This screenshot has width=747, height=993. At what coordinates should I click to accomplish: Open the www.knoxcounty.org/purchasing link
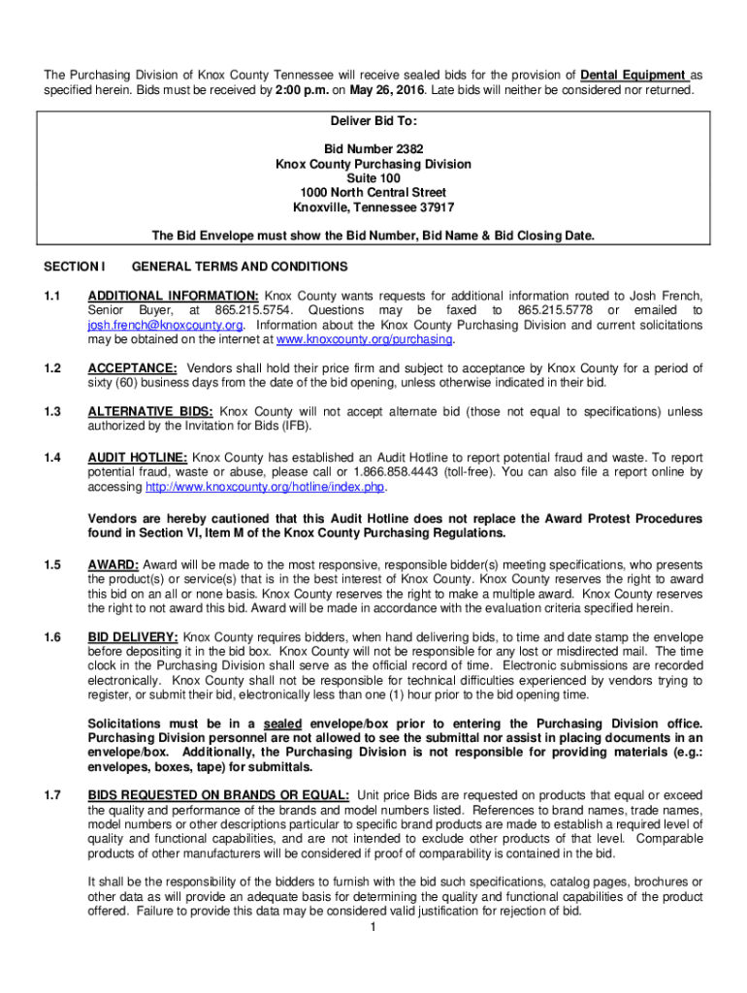tap(365, 340)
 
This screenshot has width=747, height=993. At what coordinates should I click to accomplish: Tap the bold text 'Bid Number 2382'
tap(373, 149)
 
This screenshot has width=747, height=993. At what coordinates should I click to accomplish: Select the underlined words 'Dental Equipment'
tap(634, 76)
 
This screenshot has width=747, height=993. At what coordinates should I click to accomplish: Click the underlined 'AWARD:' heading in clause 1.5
tap(114, 564)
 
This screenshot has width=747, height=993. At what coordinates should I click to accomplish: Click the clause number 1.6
tap(52, 637)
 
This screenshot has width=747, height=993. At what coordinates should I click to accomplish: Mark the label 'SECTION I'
tap(74, 267)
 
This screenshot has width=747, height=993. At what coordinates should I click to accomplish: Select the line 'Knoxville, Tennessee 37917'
tap(373, 208)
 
